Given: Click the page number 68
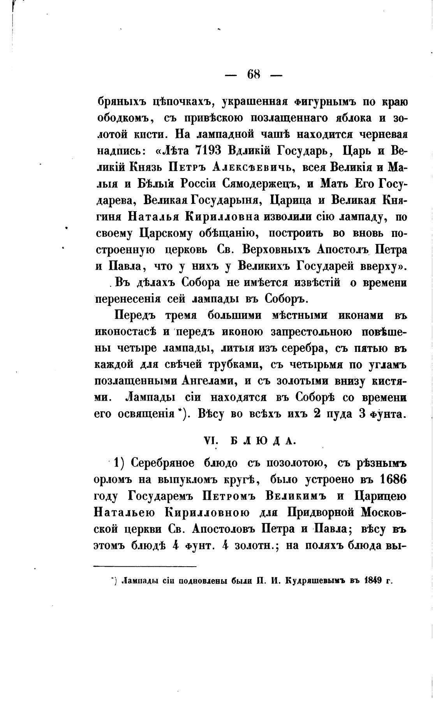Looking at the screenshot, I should point(254,74).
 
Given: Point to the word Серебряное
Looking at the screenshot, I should point(162,463).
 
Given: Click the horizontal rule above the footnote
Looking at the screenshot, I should point(145,566).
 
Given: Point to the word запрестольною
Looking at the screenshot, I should point(299,332).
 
